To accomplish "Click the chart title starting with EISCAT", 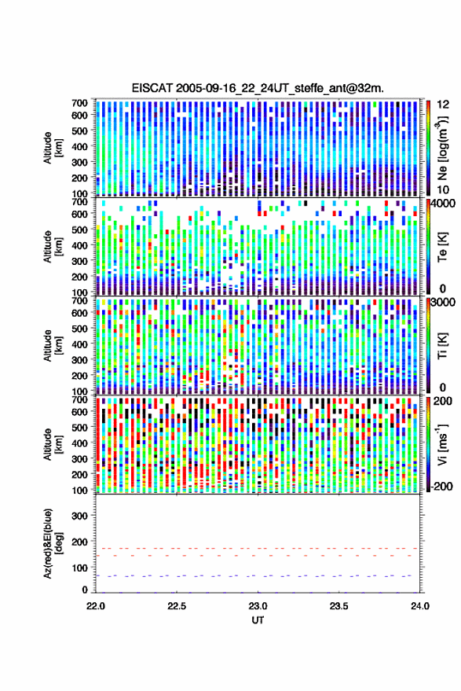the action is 258,88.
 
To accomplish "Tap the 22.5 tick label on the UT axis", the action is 177,606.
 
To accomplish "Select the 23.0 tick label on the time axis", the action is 258,606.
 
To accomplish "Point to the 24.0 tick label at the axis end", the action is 419,606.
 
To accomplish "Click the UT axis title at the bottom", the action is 258,620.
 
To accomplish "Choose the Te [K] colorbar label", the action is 442,247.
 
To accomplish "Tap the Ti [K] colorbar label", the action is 442,346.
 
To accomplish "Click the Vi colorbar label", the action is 442,444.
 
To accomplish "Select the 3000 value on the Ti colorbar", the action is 443,303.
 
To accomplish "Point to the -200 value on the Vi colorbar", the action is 441,486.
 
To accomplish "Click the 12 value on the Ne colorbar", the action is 444,105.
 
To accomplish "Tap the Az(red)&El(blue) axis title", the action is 53,543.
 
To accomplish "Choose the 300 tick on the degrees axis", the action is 79,516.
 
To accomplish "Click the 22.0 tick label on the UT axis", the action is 96,606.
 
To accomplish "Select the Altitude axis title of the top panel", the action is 53,148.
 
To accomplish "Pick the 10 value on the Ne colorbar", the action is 443,189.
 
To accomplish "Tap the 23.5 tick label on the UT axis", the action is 338,606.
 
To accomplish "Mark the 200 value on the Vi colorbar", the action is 442,401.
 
